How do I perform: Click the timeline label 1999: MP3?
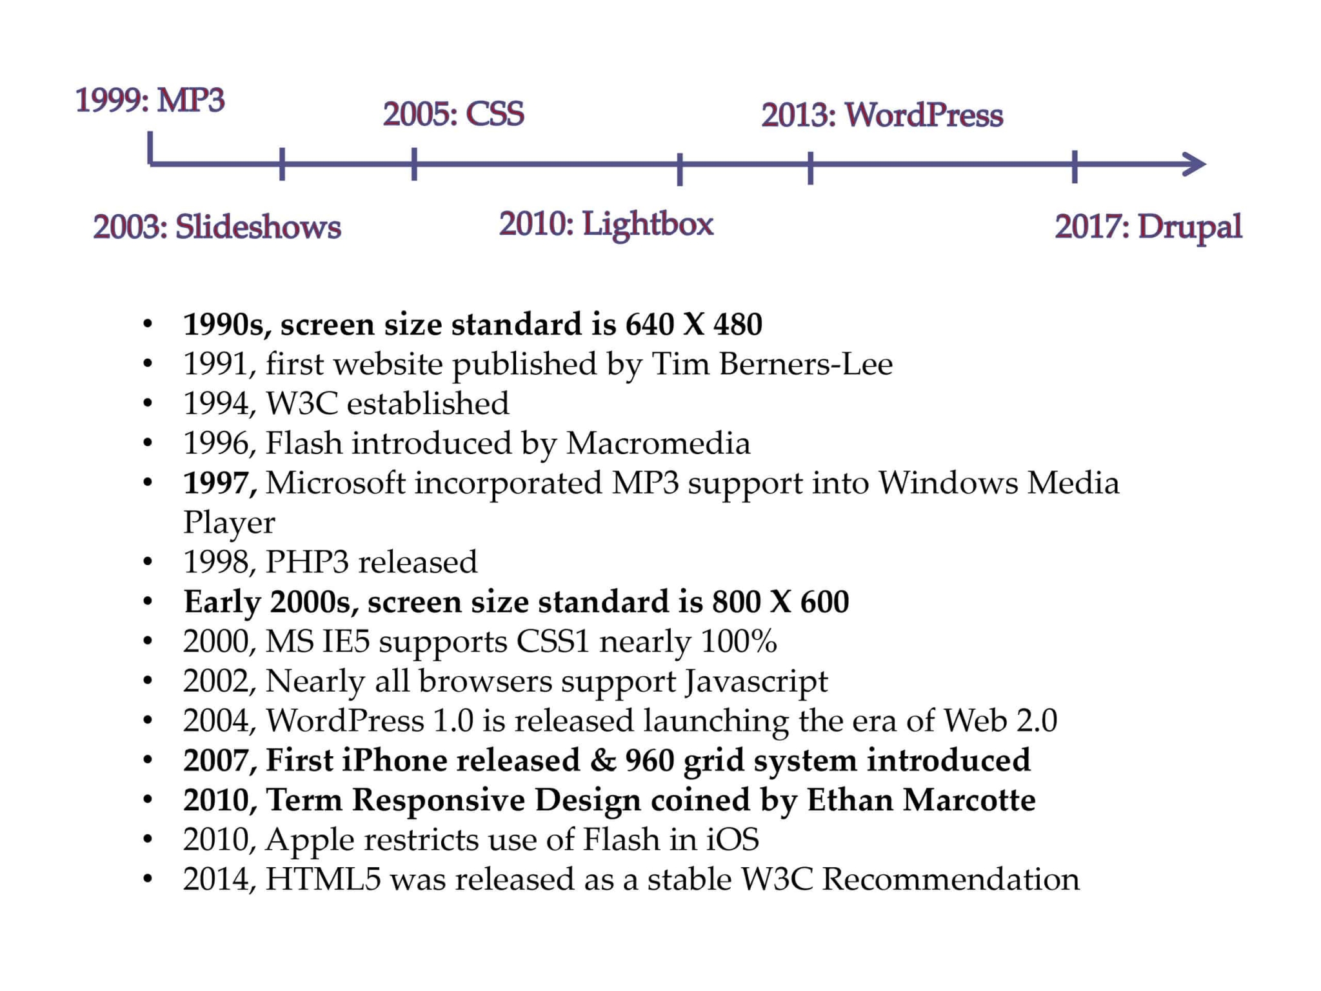(x=150, y=100)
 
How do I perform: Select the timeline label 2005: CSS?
(x=453, y=114)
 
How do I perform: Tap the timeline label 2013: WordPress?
(x=882, y=115)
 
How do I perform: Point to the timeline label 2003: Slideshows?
(x=217, y=226)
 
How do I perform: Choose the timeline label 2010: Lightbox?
(x=606, y=224)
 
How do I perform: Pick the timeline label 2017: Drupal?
(x=1148, y=226)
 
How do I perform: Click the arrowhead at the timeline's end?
(x=1195, y=165)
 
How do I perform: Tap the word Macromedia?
(x=658, y=443)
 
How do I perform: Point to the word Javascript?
(x=756, y=681)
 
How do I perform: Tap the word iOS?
(x=732, y=839)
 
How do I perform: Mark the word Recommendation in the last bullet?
(x=950, y=879)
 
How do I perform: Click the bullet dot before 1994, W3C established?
(x=148, y=405)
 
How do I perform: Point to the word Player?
(x=229, y=523)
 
